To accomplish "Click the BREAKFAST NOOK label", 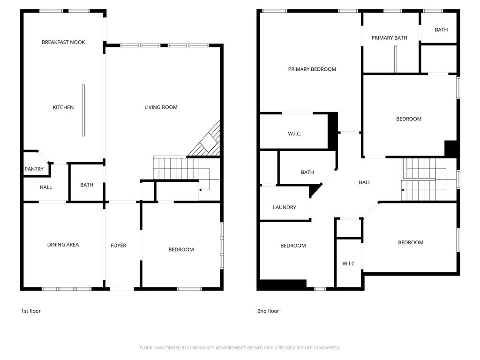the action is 63,42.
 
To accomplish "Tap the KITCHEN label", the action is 63,107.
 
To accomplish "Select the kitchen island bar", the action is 83,111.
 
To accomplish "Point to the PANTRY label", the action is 34,169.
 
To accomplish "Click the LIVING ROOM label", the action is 161,107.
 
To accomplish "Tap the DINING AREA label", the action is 63,245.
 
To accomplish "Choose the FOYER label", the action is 119,246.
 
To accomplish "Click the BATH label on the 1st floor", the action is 87,185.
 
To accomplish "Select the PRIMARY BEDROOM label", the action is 312,69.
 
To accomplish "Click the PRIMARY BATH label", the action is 390,38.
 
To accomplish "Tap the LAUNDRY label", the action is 285,207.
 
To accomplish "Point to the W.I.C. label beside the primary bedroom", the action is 294,134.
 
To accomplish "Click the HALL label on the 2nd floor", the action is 365,182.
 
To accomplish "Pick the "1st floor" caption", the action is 31,311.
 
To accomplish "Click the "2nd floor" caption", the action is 268,311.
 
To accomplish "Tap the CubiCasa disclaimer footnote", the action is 240,348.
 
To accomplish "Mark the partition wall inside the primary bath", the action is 396,59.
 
